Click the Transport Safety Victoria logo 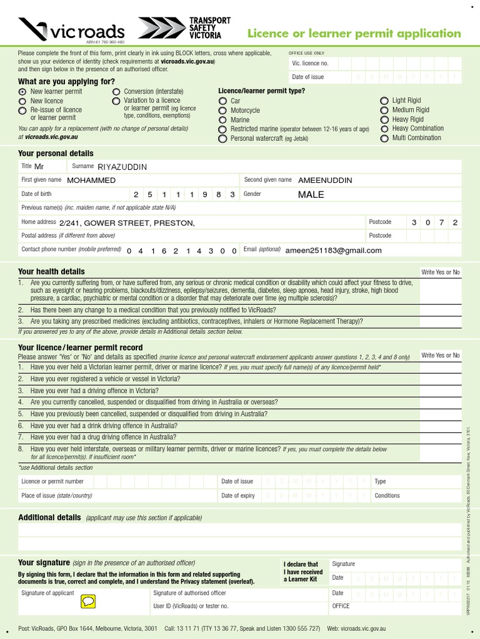pyautogui.click(x=179, y=28)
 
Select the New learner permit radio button pyautogui.click(x=22, y=92)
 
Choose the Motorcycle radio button pyautogui.click(x=222, y=110)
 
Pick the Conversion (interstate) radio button pyautogui.click(x=116, y=92)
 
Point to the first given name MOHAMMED pyautogui.click(x=91, y=180)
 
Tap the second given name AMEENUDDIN pyautogui.click(x=325, y=180)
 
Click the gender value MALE pyautogui.click(x=311, y=195)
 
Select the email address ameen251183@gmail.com pyautogui.click(x=333, y=251)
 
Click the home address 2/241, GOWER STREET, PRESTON pyautogui.click(x=127, y=223)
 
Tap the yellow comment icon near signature pyautogui.click(x=88, y=602)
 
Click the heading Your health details pyautogui.click(x=51, y=271)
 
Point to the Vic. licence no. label pyautogui.click(x=310, y=64)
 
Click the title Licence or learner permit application pyautogui.click(x=354, y=34)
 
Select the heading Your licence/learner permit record pyautogui.click(x=80, y=348)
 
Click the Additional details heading pyautogui.click(x=49, y=517)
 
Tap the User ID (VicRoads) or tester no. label pyautogui.click(x=191, y=606)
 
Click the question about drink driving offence pyautogui.click(x=103, y=426)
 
